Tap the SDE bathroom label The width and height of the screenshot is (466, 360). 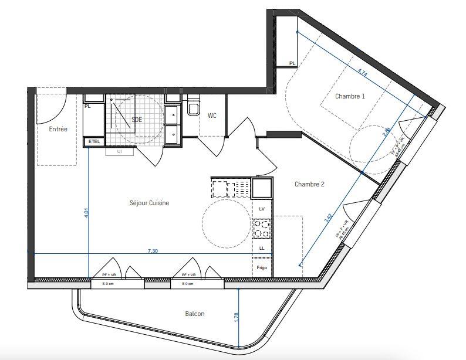coord(137,119)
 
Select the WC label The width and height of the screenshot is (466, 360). coord(212,116)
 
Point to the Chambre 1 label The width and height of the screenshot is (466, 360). coord(350,96)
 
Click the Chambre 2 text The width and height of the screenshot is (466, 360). coord(309,184)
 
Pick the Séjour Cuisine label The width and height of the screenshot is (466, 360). coord(150,203)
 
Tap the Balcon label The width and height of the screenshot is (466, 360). coord(195,314)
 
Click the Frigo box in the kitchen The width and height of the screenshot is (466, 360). coord(262,267)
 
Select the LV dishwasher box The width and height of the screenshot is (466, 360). coord(262,209)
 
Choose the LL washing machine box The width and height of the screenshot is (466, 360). coord(262,249)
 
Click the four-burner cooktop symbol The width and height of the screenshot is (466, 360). coord(262,228)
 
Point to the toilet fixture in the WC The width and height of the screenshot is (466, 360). coord(193,109)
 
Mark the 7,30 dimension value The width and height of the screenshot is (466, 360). coord(153,250)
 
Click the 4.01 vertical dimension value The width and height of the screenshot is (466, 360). coord(86,213)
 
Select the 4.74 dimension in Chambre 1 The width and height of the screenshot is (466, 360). coord(363,73)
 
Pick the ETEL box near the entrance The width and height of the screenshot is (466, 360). coord(93,142)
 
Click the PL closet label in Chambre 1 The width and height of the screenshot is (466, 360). coord(292,63)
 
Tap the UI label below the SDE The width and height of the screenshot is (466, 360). coord(120,151)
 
